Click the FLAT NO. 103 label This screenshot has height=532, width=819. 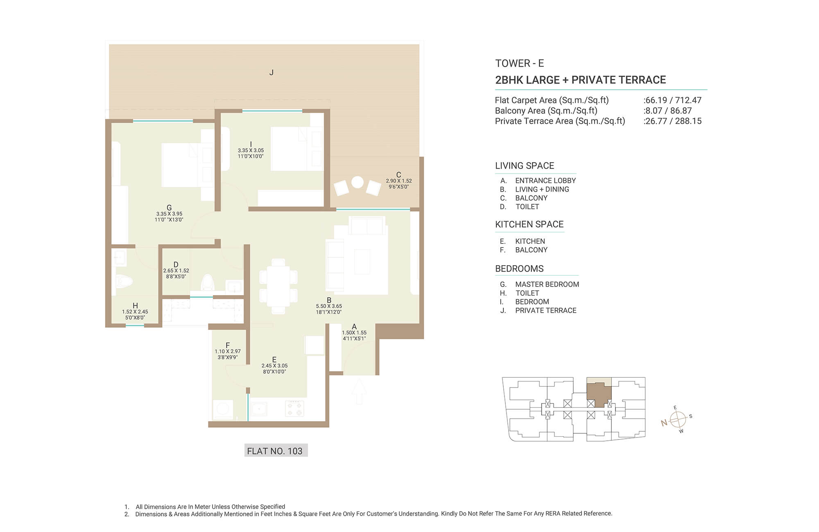(275, 451)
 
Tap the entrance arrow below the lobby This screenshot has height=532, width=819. (359, 391)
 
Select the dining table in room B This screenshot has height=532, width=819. (278, 286)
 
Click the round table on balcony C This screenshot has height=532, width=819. (357, 182)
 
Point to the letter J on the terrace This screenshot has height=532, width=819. (271, 73)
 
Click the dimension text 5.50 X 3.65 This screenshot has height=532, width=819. (329, 306)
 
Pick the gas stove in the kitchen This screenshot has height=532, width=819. (294, 408)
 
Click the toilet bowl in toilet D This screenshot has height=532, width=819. (208, 282)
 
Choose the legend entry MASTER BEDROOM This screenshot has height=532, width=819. (547, 284)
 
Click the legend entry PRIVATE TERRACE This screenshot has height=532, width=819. (546, 311)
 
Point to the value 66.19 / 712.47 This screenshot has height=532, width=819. (674, 100)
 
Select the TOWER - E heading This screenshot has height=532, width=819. (520, 63)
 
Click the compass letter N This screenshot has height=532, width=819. (664, 423)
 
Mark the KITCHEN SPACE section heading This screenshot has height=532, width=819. (529, 224)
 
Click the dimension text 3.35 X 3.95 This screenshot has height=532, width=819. (169, 214)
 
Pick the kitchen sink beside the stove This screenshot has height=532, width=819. (259, 408)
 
